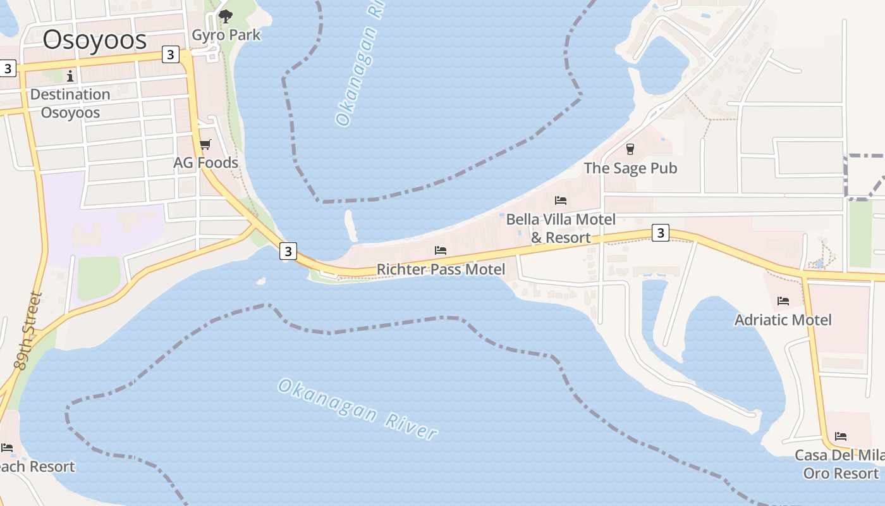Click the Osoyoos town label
95,40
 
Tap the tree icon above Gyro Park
225,16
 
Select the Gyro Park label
226,35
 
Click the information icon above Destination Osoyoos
70,76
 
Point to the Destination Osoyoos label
70,104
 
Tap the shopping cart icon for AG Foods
205,145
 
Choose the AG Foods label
206,163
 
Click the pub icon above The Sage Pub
630,149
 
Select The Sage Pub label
630,168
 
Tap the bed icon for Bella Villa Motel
561,201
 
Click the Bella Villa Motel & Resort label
561,228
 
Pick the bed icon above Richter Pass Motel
441,251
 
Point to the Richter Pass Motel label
441,269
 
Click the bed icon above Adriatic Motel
783,301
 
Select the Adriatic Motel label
783,319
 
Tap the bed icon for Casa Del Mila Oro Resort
841,436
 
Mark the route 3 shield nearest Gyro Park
170,55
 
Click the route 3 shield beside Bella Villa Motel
660,233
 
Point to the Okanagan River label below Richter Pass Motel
358,409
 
